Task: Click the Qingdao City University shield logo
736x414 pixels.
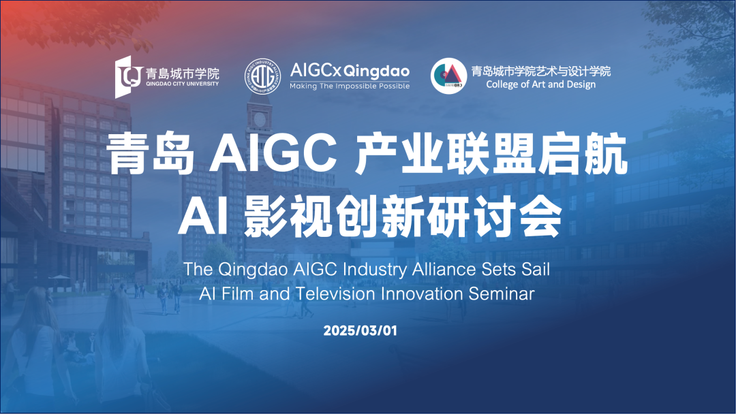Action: coord(129,77)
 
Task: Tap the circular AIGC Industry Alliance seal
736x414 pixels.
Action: coord(263,76)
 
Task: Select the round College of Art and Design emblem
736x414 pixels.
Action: coord(448,76)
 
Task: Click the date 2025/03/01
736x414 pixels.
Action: coord(360,330)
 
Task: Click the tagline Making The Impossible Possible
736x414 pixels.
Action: coord(350,86)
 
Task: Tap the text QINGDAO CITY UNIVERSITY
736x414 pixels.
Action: coord(182,84)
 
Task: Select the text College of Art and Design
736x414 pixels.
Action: coord(540,84)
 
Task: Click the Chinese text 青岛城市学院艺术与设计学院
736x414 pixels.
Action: coord(540,71)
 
